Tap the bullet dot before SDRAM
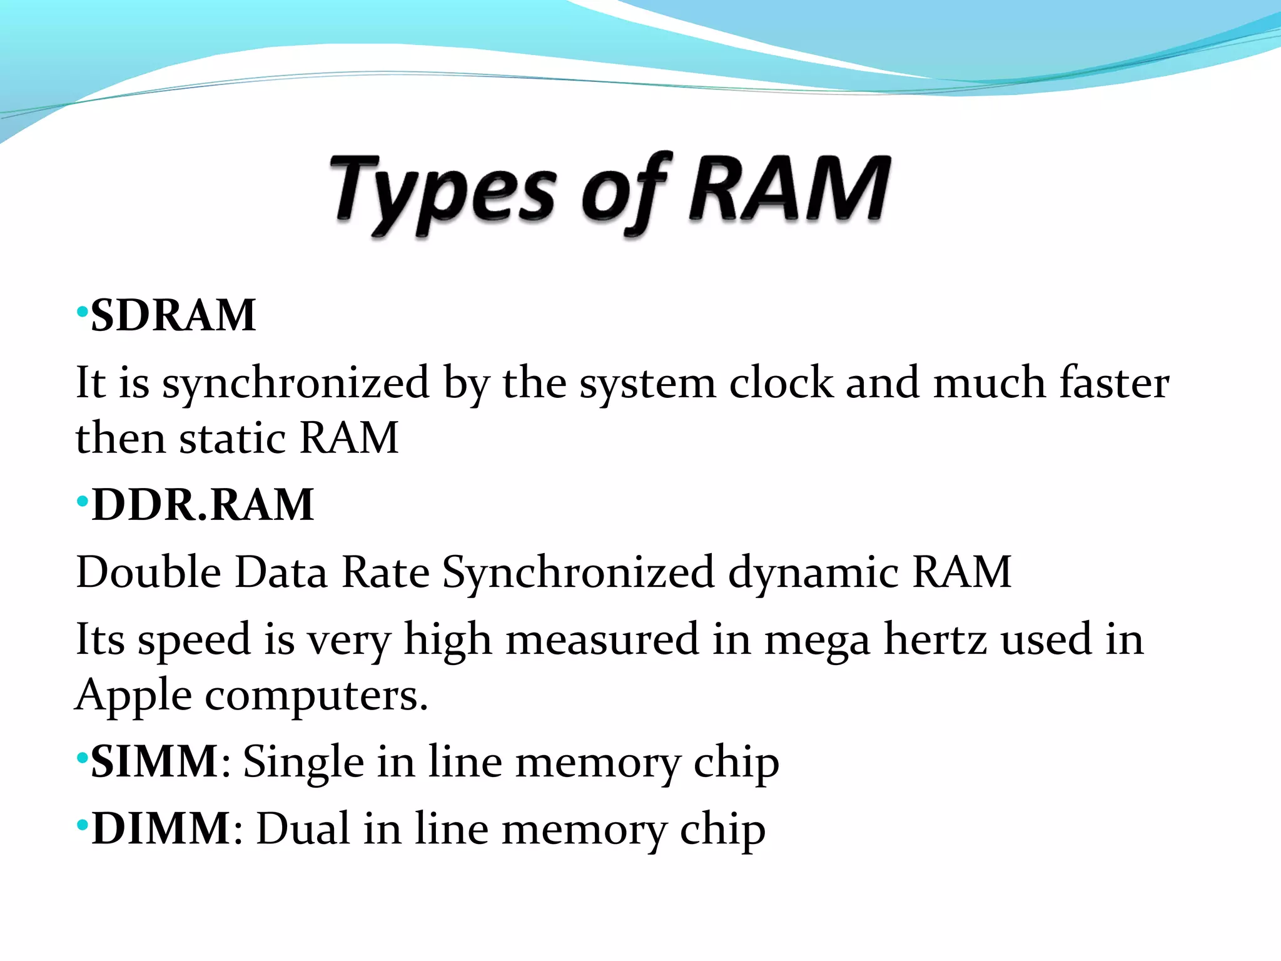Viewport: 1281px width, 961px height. [x=81, y=312]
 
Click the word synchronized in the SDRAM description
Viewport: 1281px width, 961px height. [x=295, y=383]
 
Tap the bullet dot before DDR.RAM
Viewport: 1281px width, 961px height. [x=81, y=501]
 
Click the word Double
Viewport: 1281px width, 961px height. [x=148, y=572]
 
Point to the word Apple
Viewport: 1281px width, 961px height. [x=133, y=696]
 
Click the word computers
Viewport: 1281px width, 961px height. [x=316, y=696]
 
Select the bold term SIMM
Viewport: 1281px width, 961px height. [x=154, y=761]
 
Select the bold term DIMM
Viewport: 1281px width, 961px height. [x=161, y=828]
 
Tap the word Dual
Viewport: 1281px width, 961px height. [x=303, y=828]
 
